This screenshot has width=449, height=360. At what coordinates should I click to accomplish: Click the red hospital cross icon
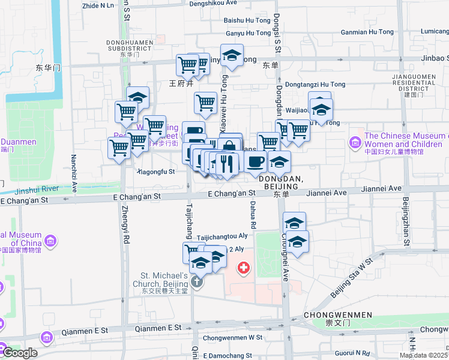pos(244,268)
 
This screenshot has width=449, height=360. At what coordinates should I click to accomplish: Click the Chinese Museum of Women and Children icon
pos(355,143)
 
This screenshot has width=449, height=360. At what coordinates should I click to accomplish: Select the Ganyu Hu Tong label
pos(248,33)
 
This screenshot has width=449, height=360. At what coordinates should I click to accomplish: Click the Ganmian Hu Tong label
pos(367,32)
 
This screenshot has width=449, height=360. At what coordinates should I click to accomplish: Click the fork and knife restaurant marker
pos(226,163)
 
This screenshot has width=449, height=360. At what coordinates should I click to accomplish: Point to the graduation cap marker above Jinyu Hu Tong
pos(232,56)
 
